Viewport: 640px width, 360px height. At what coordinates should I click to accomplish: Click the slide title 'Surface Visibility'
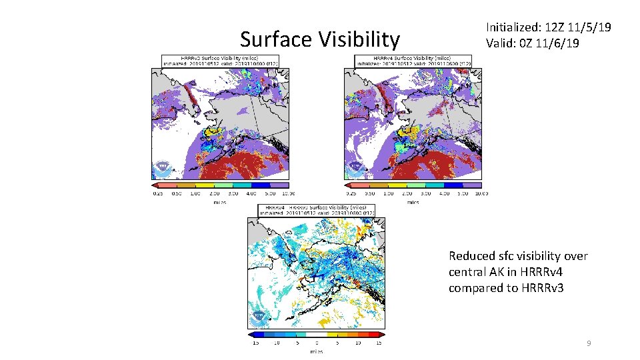pyautogui.click(x=319, y=39)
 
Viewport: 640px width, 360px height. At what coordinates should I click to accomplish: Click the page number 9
pyautogui.click(x=589, y=343)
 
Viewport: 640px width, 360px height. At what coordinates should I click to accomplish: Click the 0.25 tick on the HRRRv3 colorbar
pyautogui.click(x=158, y=193)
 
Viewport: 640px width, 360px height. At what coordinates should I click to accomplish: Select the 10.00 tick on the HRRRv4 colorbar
pyautogui.click(x=481, y=193)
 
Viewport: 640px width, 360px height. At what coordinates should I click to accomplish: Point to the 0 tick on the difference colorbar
pyautogui.click(x=316, y=343)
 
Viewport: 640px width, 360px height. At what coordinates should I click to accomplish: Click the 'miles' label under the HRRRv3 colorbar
pyautogui.click(x=219, y=201)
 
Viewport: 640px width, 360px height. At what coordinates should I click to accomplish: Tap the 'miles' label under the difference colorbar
pyautogui.click(x=316, y=351)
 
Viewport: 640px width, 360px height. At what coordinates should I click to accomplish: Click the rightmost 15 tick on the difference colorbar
pyautogui.click(x=378, y=343)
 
